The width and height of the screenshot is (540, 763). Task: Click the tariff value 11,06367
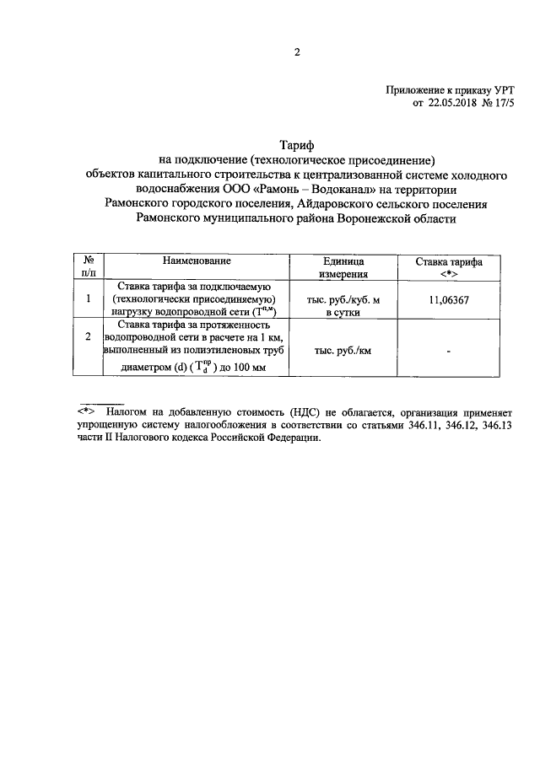448,298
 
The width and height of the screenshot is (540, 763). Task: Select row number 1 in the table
89,298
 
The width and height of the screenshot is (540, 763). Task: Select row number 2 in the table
89,336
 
